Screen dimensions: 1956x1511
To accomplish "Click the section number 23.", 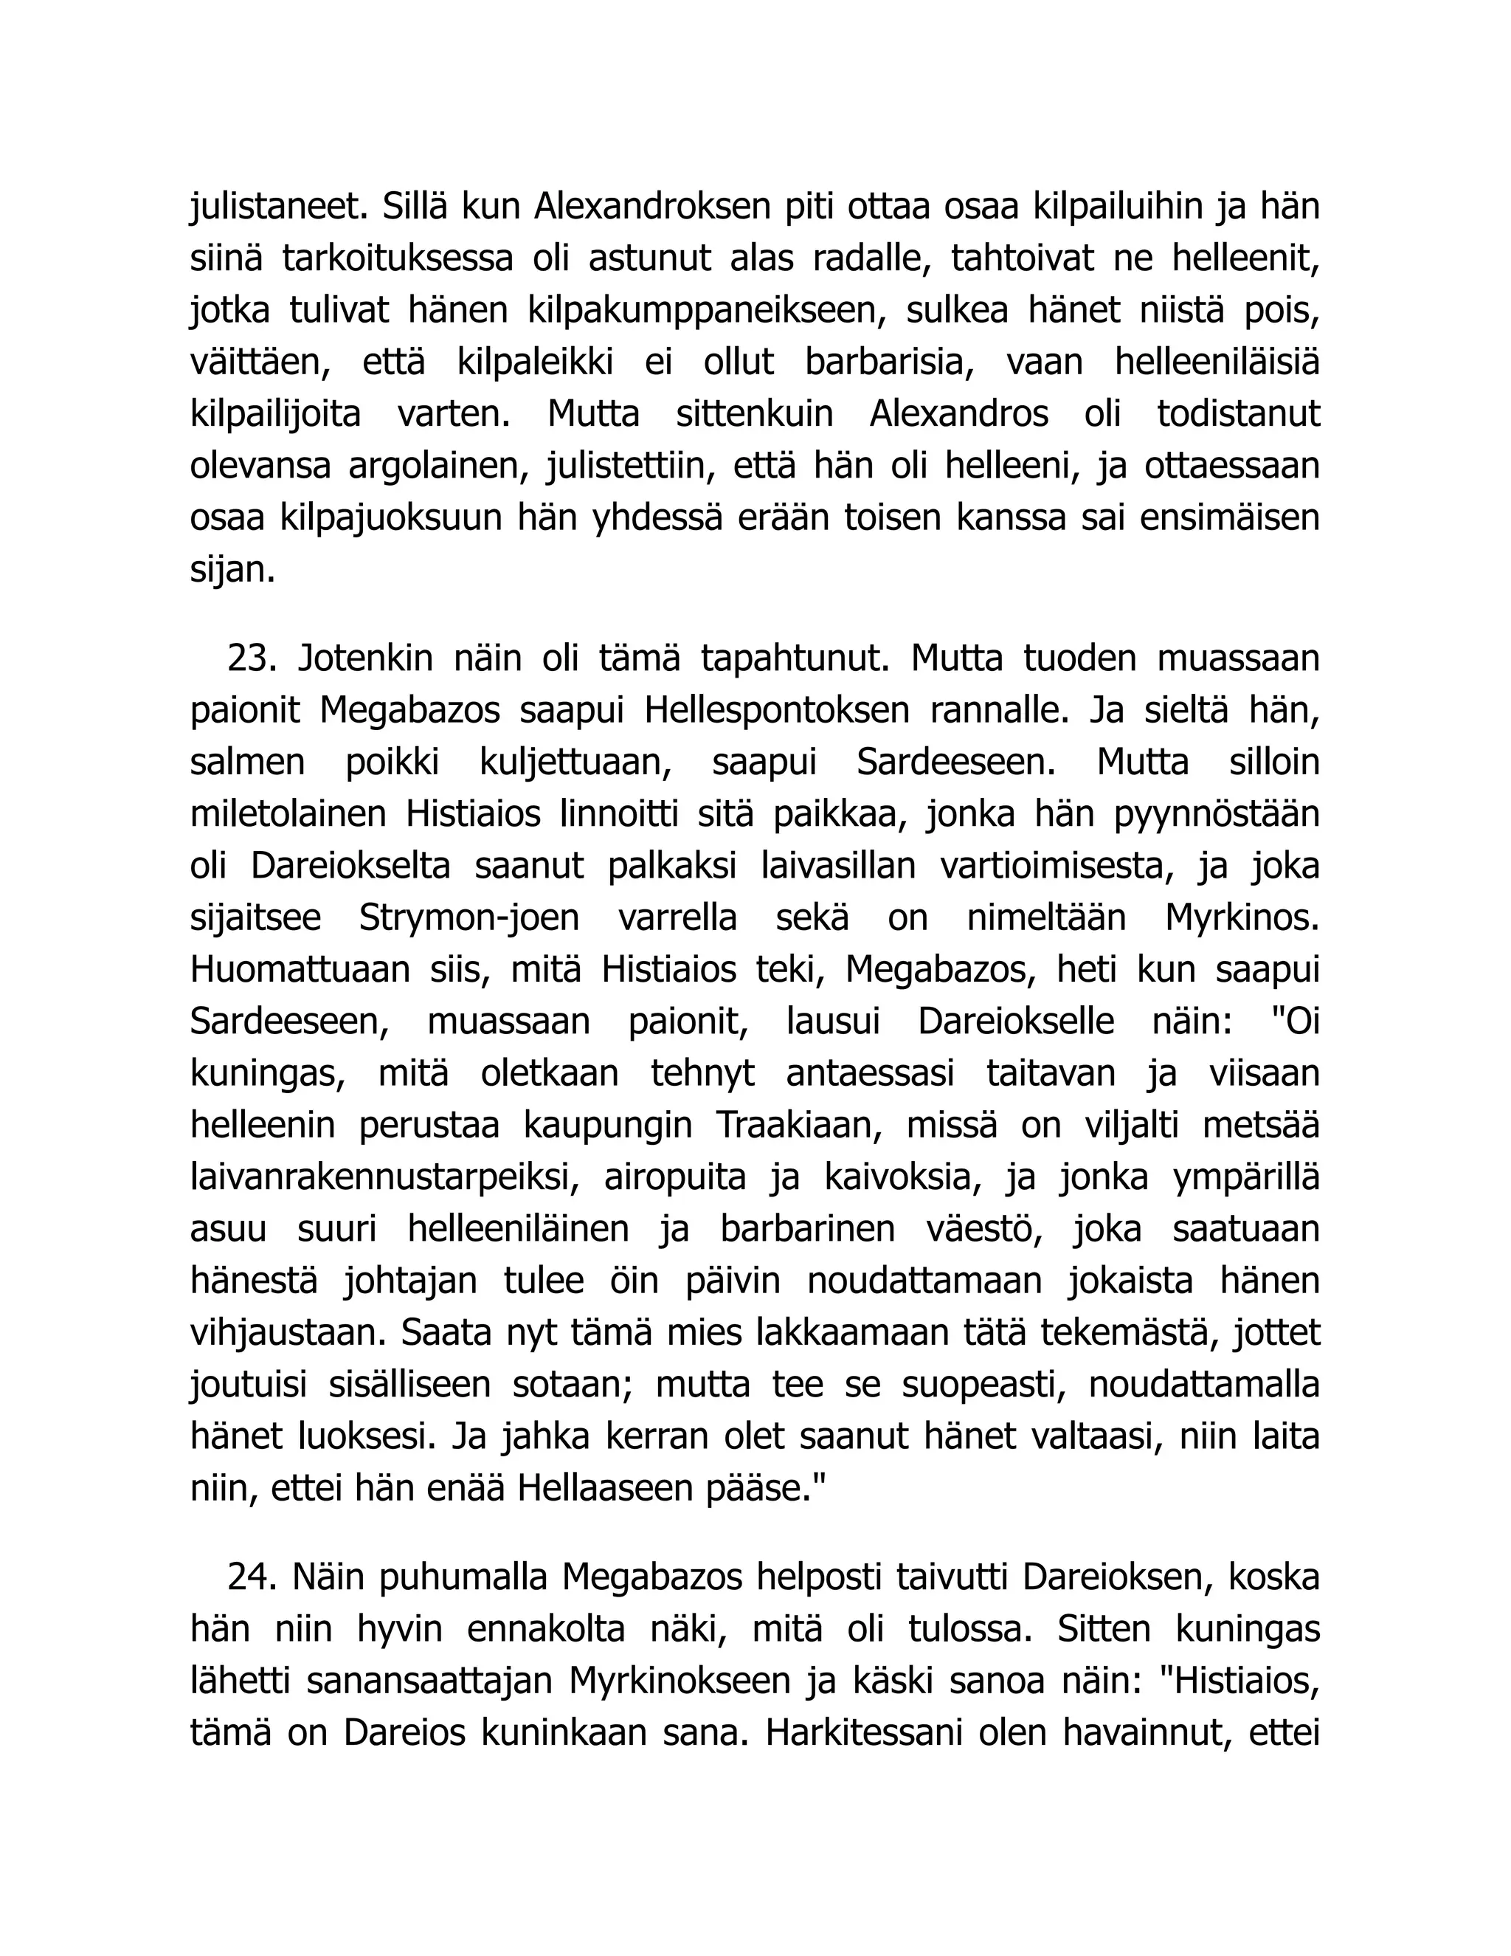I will (x=253, y=660).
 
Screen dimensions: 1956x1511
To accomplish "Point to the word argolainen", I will (x=439, y=466).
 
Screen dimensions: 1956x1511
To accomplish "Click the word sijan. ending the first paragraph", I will (x=232, y=571).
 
